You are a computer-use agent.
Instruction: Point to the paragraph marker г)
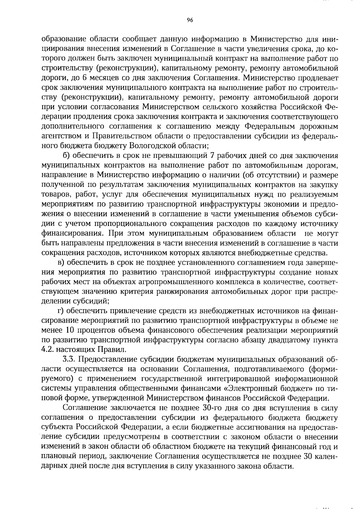[x=61, y=311]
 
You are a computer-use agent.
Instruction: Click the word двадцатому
[x=285, y=340]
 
